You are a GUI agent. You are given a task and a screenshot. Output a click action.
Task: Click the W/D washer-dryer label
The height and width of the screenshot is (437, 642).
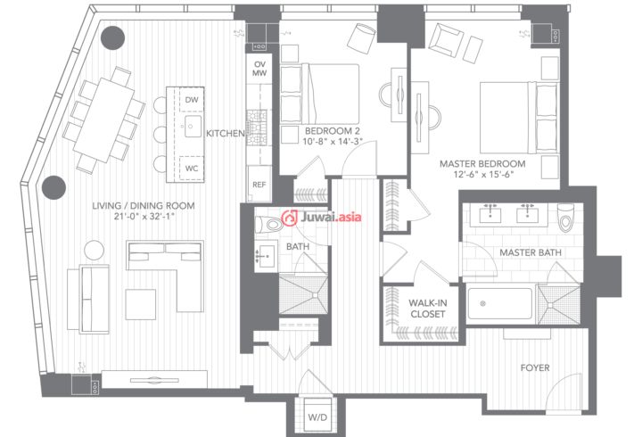click(x=317, y=417)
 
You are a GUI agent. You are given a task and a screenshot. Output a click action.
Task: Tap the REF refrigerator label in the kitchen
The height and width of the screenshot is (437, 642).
click(x=259, y=185)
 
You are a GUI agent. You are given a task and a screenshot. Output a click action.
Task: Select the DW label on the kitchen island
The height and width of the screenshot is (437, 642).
click(x=192, y=100)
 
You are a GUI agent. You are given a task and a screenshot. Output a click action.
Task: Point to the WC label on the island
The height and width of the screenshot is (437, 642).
click(x=192, y=169)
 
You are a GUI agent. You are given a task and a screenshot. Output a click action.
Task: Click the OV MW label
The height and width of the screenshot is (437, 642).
click(x=259, y=69)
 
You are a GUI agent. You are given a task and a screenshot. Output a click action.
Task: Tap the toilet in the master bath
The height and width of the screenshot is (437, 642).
click(x=565, y=218)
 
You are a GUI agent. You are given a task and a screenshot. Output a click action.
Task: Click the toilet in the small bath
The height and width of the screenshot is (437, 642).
click(x=268, y=225)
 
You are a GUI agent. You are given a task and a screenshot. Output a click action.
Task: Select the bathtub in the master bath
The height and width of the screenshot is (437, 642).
click(x=500, y=303)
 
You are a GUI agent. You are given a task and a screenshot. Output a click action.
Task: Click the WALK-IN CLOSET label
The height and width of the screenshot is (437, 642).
click(x=428, y=309)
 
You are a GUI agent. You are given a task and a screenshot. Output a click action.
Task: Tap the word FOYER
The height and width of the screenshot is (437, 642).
click(x=535, y=367)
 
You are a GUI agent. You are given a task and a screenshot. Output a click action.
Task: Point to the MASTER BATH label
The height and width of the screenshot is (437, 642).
click(x=531, y=252)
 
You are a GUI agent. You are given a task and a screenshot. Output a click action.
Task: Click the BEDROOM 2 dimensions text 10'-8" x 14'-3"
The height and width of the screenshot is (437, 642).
click(x=333, y=142)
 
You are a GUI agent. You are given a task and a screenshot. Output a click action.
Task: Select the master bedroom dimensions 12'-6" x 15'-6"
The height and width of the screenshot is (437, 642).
click(x=483, y=174)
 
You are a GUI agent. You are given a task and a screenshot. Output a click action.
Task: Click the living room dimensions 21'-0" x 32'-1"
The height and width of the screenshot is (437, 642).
click(x=144, y=216)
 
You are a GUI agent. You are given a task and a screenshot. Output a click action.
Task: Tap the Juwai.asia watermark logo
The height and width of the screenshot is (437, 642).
click(x=321, y=217)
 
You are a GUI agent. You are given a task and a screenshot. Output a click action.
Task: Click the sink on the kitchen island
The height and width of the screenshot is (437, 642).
click(x=193, y=126)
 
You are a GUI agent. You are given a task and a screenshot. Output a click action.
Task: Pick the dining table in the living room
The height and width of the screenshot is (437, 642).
click(x=104, y=120)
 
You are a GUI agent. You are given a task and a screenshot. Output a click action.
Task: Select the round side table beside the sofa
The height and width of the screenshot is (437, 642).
click(x=95, y=250)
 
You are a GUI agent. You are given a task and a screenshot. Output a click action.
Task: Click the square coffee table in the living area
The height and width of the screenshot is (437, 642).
click(x=141, y=304)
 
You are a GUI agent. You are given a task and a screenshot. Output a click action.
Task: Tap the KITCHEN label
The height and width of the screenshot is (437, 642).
click(x=226, y=133)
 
